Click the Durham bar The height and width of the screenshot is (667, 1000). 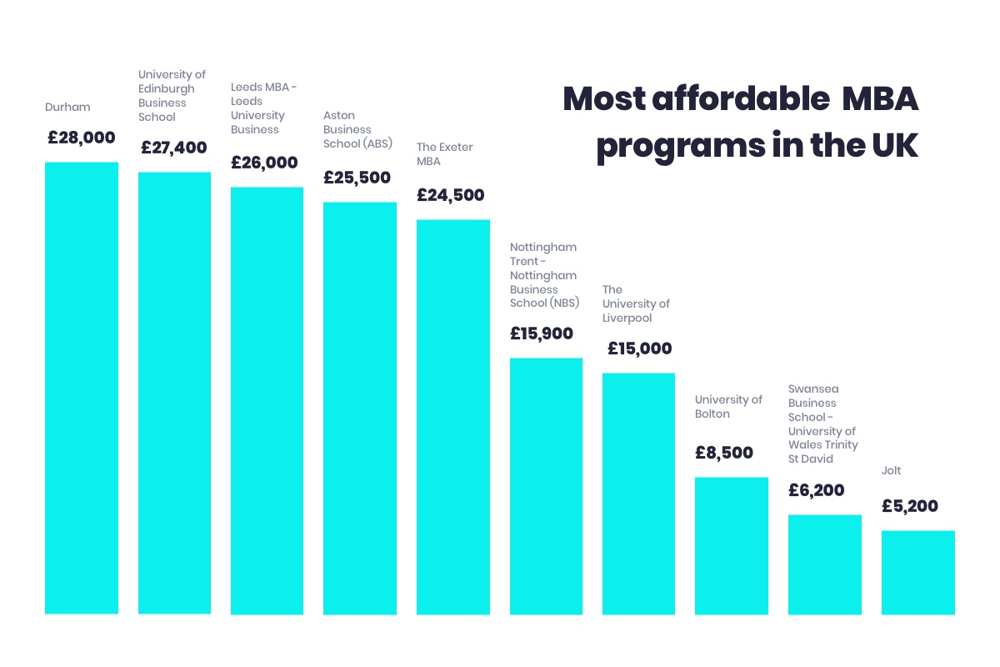tap(81, 388)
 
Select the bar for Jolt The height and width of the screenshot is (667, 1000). tap(917, 572)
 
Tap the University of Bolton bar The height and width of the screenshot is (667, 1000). tap(731, 545)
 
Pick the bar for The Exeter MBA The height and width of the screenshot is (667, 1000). tap(452, 417)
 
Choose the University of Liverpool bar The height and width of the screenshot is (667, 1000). tap(638, 494)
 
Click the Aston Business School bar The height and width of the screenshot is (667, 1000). tap(360, 408)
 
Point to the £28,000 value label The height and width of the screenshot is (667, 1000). tap(81, 138)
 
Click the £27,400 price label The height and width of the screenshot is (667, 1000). tap(173, 148)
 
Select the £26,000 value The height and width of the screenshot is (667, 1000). tap(264, 163)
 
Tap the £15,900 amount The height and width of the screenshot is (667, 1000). tap(542, 334)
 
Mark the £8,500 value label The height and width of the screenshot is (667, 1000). tap(724, 454)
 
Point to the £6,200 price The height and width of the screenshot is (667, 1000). tap(817, 491)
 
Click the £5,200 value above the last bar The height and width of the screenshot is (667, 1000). tap(910, 507)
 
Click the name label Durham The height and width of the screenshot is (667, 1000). tap(67, 108)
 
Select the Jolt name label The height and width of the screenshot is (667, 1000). tap(892, 471)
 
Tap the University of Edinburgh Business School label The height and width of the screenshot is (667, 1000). tap(172, 96)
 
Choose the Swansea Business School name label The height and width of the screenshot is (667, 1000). tap(822, 424)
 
